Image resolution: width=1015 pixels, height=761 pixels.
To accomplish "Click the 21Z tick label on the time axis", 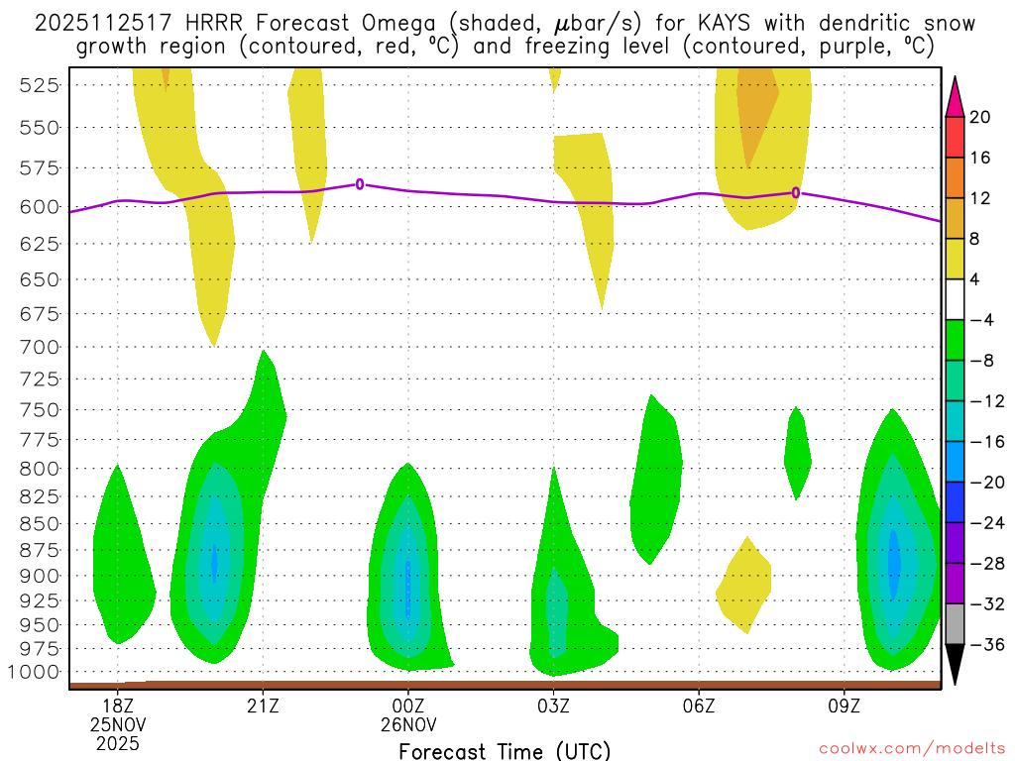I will click(x=263, y=705).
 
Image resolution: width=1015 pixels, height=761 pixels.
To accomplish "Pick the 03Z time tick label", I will click(x=553, y=705).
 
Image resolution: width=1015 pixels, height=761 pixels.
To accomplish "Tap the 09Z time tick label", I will click(x=844, y=705).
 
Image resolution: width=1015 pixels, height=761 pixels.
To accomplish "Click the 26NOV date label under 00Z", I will click(x=408, y=723).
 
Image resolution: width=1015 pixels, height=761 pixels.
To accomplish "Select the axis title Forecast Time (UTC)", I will click(x=505, y=750).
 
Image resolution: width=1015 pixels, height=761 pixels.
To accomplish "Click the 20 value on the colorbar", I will click(x=981, y=117).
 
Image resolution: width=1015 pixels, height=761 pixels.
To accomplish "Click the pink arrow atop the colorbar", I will click(x=955, y=95).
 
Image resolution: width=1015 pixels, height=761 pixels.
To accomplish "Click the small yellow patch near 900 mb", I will click(x=744, y=588).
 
